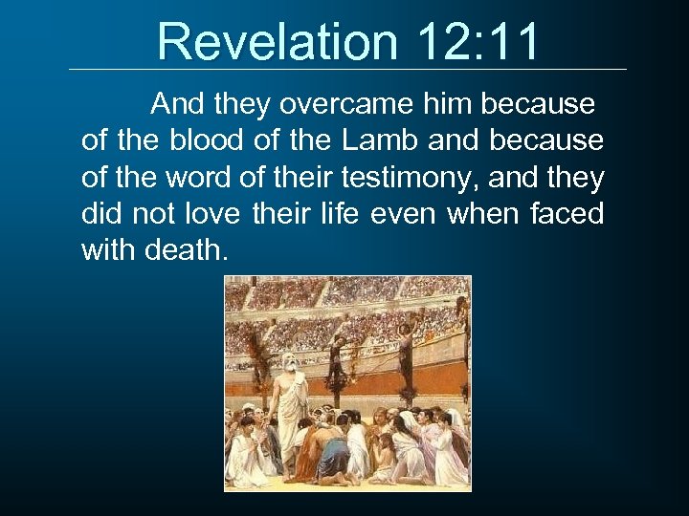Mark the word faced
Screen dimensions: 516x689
click(567, 214)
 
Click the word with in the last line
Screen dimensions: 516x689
click(106, 251)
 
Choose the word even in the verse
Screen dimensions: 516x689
click(398, 214)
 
